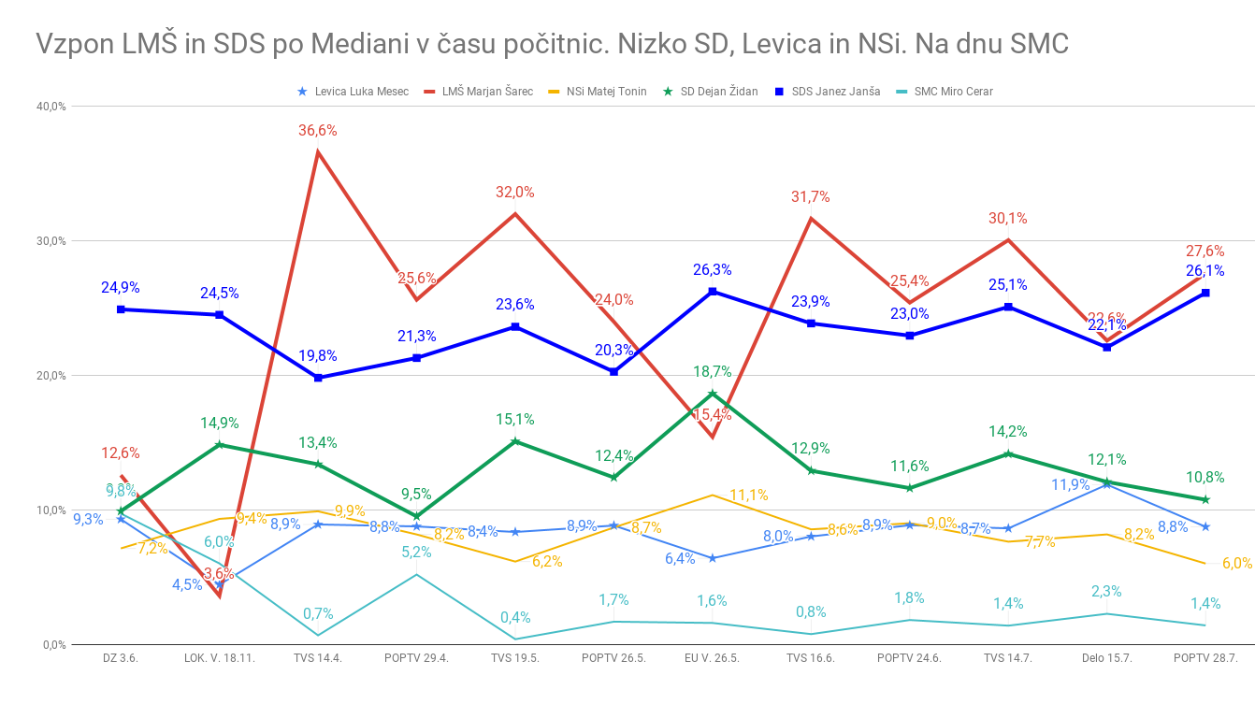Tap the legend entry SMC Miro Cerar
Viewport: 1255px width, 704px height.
pyautogui.click(x=953, y=92)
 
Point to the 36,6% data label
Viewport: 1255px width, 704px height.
pyautogui.click(x=318, y=131)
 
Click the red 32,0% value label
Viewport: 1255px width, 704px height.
pyautogui.click(x=515, y=193)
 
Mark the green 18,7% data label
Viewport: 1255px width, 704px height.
pyautogui.click(x=713, y=371)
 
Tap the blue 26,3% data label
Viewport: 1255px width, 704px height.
pyautogui.click(x=713, y=270)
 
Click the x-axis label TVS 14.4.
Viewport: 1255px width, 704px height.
pyautogui.click(x=318, y=658)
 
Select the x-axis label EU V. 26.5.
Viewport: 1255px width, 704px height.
pyautogui.click(x=713, y=658)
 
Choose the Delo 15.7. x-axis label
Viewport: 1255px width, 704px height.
pyautogui.click(x=1106, y=658)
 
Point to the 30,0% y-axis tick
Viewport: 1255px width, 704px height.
pyautogui.click(x=50, y=241)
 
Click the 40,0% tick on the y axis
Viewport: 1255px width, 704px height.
pyautogui.click(x=50, y=107)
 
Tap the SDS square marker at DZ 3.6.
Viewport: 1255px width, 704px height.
pyautogui.click(x=121, y=309)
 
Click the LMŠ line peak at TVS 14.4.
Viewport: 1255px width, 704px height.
pyautogui.click(x=318, y=151)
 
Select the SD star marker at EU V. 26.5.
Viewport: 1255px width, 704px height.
pyautogui.click(x=713, y=394)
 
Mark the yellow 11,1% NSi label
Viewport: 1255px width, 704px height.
pyautogui.click(x=749, y=495)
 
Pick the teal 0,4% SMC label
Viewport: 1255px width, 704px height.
pyautogui.click(x=515, y=617)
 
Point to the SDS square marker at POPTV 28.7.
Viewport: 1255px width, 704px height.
pyautogui.click(x=1205, y=293)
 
